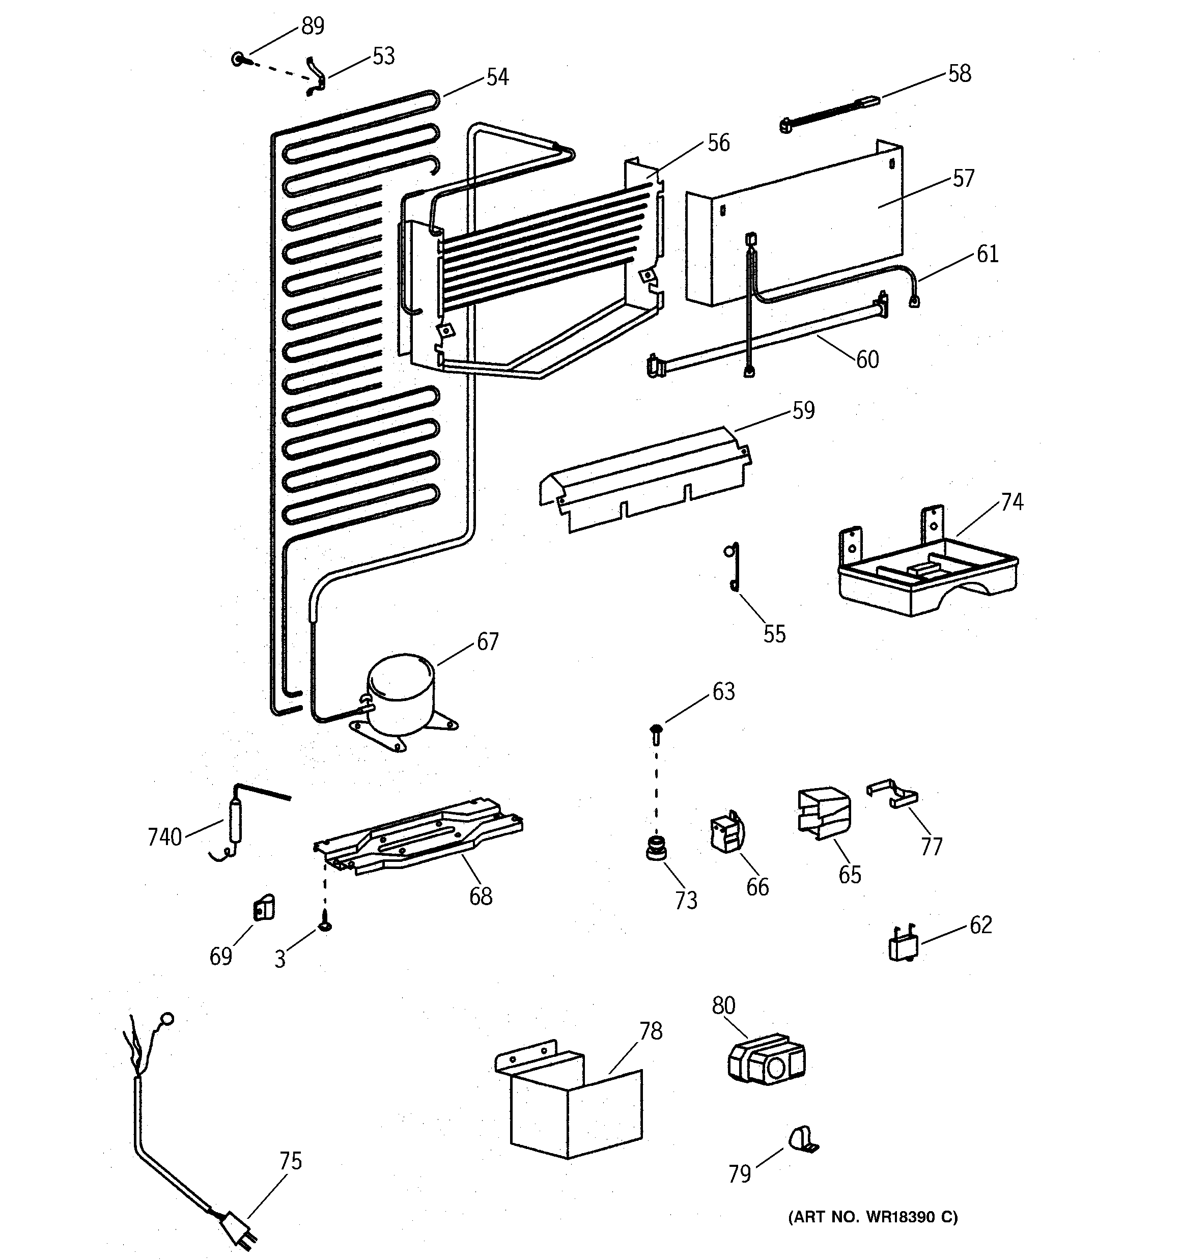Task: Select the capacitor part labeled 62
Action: (902, 945)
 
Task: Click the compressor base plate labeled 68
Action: (418, 836)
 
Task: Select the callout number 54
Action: (498, 77)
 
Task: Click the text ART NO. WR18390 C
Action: (873, 1217)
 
